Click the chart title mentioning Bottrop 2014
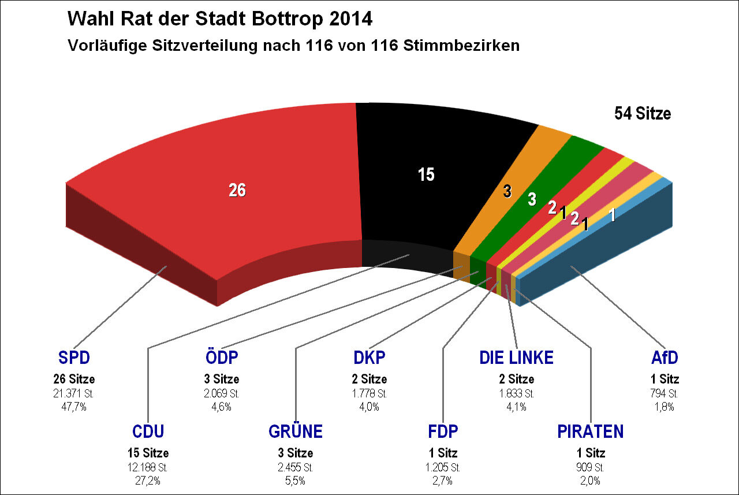pos(220,19)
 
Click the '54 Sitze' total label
pos(642,114)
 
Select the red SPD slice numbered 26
pos(237,190)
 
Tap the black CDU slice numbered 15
pos(426,174)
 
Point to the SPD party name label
pos(74,358)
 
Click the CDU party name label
pos(148,431)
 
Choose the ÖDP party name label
pos(222,358)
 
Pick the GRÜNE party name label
pos(296,431)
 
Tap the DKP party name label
pos(369,358)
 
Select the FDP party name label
pos(443,431)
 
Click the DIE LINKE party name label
pos(516,358)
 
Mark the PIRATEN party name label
pos(590,431)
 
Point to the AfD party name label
pos(664,358)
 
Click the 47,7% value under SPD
pos(74,407)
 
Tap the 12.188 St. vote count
pos(148,467)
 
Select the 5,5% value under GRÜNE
pos(296,480)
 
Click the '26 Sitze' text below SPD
pos(74,379)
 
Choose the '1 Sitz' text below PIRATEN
pos(590,453)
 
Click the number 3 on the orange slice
pos(507,192)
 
